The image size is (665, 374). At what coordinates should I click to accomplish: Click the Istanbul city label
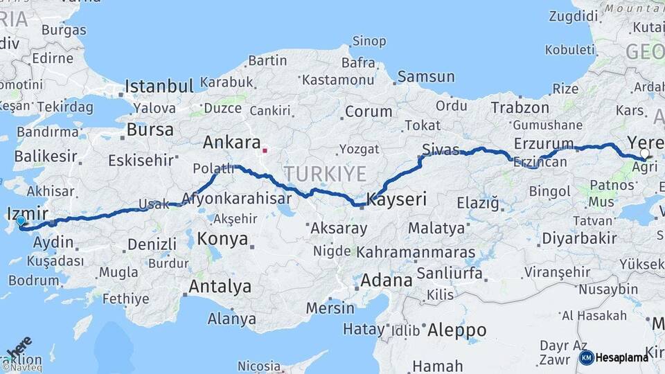click(159, 87)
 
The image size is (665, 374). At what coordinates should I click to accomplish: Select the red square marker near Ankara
click(265, 149)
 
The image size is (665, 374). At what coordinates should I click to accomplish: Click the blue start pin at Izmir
click(21, 222)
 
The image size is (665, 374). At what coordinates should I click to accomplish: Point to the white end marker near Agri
click(645, 154)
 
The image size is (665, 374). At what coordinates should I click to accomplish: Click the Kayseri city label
click(397, 199)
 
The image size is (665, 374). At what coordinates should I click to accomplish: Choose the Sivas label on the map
click(441, 148)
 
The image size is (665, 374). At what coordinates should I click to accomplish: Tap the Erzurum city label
click(544, 144)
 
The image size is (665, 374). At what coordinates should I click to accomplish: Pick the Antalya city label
click(220, 286)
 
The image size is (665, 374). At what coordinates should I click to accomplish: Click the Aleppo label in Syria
click(456, 329)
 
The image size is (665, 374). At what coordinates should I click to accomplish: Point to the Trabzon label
click(520, 107)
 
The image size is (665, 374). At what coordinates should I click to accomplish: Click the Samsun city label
click(426, 77)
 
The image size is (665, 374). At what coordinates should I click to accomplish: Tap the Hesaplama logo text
click(622, 357)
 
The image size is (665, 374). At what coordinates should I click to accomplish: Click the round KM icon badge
click(586, 357)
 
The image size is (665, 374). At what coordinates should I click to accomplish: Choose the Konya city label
click(222, 239)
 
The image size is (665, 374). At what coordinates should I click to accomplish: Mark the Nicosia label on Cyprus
click(260, 365)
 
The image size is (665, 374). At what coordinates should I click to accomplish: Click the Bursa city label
click(150, 130)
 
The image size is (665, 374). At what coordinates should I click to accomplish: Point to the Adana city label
click(386, 280)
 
